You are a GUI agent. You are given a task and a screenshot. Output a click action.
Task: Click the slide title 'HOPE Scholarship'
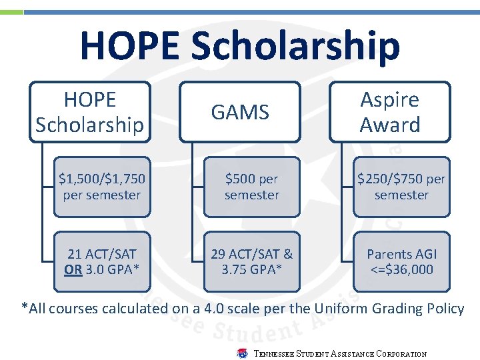click(x=240, y=45)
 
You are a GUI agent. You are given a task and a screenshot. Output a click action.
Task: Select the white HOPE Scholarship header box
click(x=90, y=112)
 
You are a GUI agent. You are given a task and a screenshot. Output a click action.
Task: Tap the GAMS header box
click(x=240, y=112)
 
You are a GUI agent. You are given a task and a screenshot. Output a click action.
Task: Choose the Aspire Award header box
click(x=390, y=112)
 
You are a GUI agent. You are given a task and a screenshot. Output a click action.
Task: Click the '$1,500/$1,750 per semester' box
click(x=102, y=187)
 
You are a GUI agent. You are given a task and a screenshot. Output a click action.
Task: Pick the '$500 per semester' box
click(x=252, y=187)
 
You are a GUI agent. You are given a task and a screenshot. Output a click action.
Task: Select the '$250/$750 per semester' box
click(x=401, y=187)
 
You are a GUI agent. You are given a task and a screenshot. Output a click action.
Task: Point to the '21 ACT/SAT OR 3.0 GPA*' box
click(x=102, y=261)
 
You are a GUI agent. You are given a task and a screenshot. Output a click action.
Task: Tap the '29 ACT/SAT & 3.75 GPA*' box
click(x=252, y=261)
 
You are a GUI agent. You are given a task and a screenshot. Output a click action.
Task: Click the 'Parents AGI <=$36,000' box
click(x=401, y=261)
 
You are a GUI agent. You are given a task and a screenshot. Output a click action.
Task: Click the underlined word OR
click(x=73, y=269)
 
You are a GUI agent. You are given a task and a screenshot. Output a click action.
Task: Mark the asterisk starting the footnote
click(x=25, y=308)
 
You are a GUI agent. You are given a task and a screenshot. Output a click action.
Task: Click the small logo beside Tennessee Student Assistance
click(x=243, y=353)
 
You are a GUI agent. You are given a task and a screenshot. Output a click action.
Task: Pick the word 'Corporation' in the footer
click(x=401, y=354)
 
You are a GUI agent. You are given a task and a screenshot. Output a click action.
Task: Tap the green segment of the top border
click(x=11, y=12)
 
